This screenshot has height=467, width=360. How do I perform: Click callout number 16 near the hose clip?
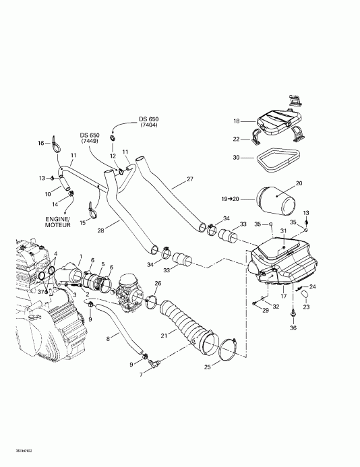(x=40, y=142)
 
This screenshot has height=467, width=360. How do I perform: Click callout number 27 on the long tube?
(x=190, y=179)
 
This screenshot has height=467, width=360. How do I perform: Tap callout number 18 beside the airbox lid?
(x=237, y=121)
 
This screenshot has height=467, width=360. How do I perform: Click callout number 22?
(x=237, y=139)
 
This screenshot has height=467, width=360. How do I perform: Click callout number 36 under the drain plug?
(x=293, y=328)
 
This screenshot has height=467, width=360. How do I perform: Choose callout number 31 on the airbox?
(x=284, y=232)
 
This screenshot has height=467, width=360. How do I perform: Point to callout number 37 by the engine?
(x=40, y=292)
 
